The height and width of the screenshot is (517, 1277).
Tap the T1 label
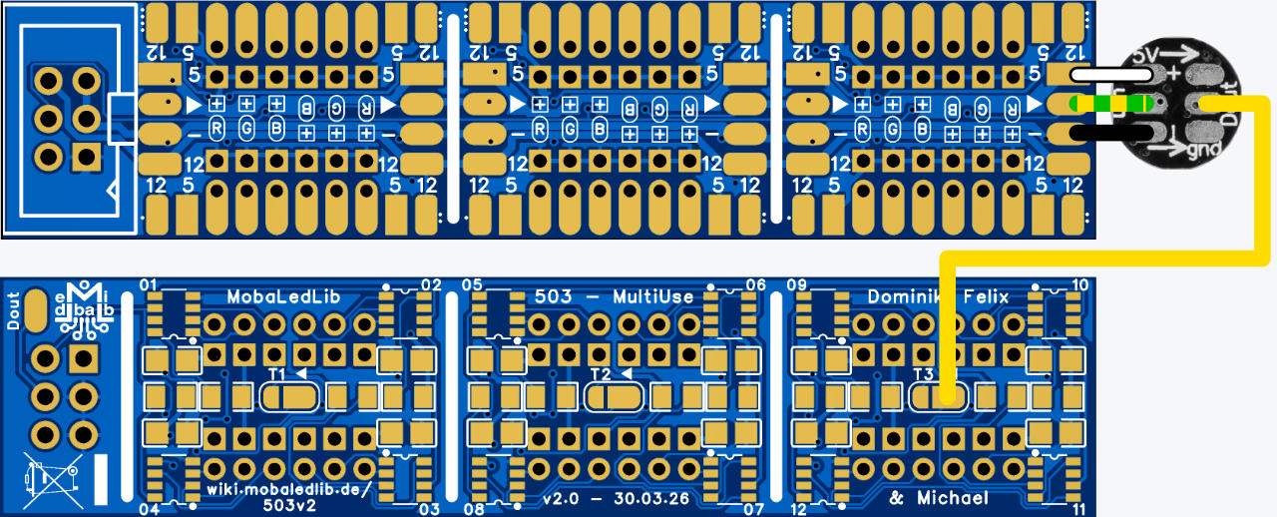click(x=278, y=373)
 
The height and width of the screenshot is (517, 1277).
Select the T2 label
click(x=600, y=373)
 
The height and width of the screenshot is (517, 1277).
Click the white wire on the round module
click(x=1110, y=74)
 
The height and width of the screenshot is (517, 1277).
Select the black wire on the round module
click(x=1110, y=133)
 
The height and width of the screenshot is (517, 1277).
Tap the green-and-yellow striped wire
click(x=1110, y=103)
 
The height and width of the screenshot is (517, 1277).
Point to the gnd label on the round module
click(x=1202, y=150)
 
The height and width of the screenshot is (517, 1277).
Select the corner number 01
click(x=150, y=285)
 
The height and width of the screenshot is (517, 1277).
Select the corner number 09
click(x=796, y=285)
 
